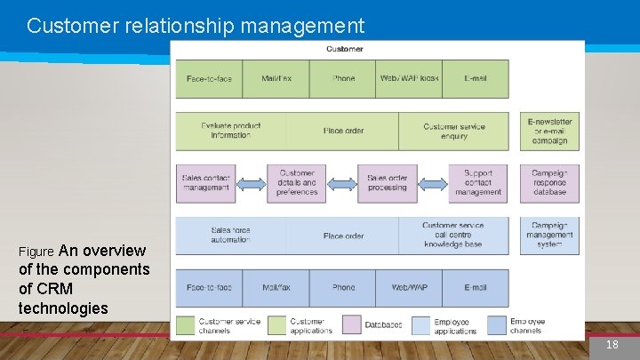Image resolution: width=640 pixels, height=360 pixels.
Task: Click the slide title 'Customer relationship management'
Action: [196, 26]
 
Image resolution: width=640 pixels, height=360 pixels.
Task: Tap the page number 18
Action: [612, 344]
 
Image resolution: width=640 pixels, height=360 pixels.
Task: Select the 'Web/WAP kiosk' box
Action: [409, 78]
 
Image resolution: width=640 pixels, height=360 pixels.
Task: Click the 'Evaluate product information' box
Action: [231, 131]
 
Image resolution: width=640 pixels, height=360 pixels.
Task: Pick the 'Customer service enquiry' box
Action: [453, 131]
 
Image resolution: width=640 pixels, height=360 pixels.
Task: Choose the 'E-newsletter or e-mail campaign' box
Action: [549, 131]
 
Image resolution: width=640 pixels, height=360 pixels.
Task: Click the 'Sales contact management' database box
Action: [205, 183]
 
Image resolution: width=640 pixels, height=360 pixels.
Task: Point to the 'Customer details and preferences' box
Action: [297, 183]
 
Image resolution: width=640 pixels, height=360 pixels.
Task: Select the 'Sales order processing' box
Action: [388, 183]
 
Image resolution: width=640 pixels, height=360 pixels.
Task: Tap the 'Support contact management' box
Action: [478, 183]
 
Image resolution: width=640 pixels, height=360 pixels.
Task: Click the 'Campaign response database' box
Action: [549, 183]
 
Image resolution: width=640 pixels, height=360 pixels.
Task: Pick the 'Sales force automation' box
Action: [231, 236]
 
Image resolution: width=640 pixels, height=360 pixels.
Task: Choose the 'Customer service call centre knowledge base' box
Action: [453, 236]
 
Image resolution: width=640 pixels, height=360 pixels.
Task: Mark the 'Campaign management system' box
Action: [549, 236]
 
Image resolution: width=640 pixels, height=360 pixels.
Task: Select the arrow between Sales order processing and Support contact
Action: [433, 184]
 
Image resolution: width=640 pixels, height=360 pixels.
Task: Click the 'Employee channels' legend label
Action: [528, 325]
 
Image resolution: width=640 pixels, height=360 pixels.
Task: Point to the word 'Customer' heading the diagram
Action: [345, 49]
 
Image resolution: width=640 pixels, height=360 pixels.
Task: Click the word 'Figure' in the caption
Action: [36, 252]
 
